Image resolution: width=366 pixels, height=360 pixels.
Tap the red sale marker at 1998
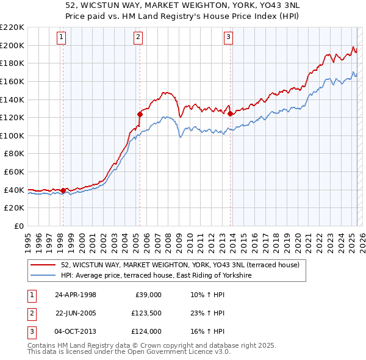[x=63, y=190]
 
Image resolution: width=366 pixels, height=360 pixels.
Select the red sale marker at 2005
[x=140, y=113]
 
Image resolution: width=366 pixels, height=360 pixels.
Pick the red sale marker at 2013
[x=230, y=113]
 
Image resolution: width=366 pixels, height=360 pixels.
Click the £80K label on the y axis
[x=14, y=154]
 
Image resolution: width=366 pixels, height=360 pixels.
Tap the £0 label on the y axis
[x=18, y=226]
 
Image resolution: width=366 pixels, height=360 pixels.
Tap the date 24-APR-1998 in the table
[x=76, y=295]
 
